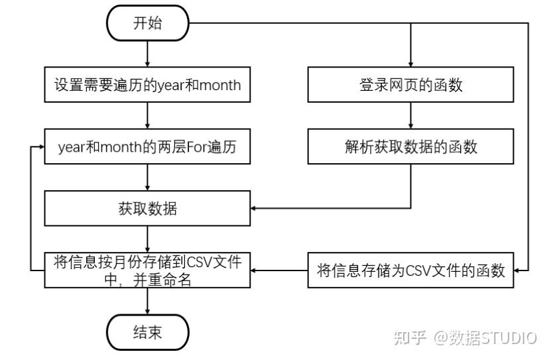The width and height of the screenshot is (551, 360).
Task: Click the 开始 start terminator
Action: tap(148, 23)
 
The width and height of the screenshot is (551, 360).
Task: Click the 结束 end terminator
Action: tap(148, 332)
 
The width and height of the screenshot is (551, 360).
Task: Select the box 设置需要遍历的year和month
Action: tap(147, 85)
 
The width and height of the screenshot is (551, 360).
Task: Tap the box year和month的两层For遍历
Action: tap(147, 147)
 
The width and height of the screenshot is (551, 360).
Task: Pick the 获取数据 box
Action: tap(147, 208)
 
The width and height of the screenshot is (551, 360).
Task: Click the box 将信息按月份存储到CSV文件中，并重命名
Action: tap(147, 270)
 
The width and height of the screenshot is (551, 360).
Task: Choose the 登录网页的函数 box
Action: tap(411, 85)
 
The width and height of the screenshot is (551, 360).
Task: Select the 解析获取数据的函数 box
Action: tap(411, 147)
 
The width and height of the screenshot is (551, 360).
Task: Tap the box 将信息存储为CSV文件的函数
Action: tap(411, 270)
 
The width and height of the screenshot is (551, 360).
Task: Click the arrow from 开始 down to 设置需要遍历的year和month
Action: tap(148, 54)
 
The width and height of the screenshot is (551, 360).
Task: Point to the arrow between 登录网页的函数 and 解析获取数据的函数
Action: tap(411, 115)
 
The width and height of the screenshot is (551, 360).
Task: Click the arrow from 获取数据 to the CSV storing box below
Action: tap(148, 239)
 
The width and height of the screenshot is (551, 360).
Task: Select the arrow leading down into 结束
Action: tap(148, 301)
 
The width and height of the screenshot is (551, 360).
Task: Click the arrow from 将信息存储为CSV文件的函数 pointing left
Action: tap(279, 270)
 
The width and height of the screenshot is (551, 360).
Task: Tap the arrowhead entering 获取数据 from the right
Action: tap(253, 208)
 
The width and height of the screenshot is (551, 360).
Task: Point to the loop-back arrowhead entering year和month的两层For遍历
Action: tap(42, 147)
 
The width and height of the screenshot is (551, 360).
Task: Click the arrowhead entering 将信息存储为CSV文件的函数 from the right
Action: tap(517, 270)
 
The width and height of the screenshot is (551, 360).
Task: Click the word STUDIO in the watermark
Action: tap(509, 338)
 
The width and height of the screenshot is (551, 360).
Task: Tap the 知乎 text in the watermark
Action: tap(410, 338)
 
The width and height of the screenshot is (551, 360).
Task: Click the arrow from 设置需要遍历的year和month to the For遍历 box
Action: tap(148, 115)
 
